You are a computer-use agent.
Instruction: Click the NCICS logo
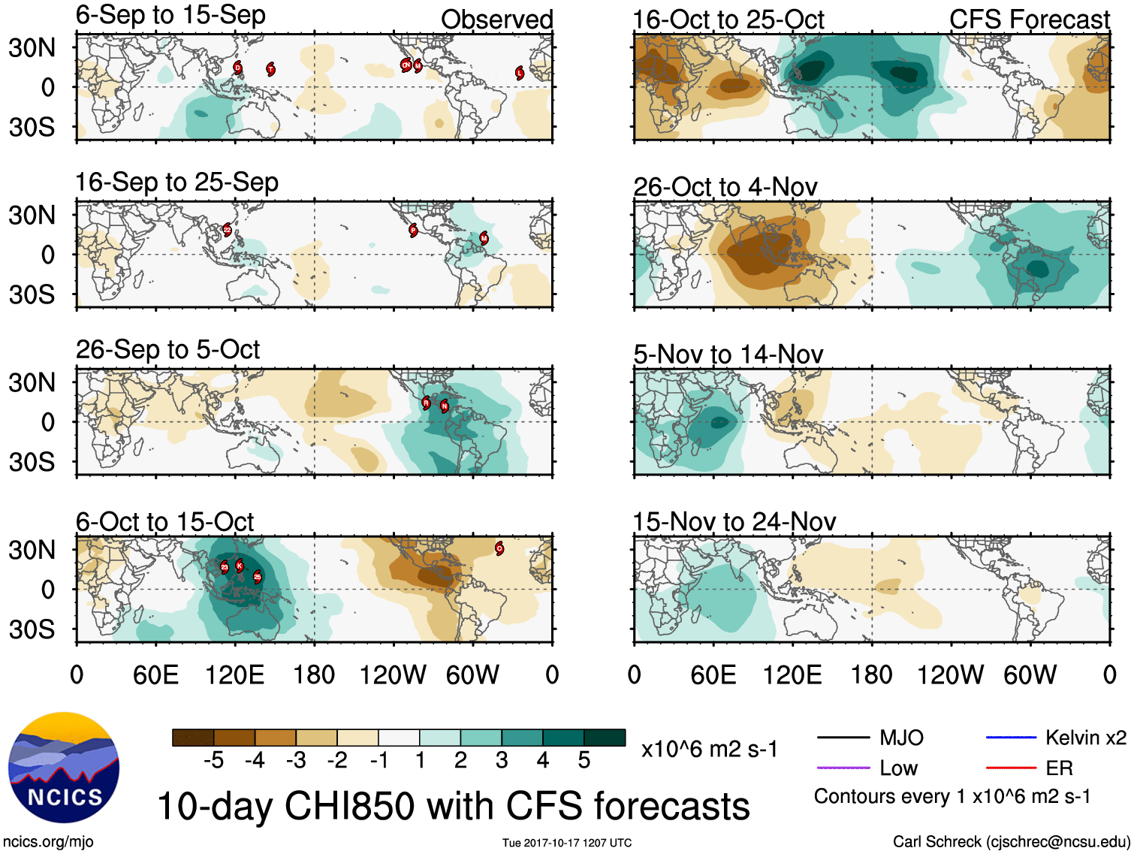tap(64, 767)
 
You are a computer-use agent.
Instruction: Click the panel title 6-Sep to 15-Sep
tap(170, 15)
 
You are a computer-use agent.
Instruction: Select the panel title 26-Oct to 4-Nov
tap(725, 186)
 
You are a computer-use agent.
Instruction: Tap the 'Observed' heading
tap(496, 20)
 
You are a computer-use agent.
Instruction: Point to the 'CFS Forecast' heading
tap(1029, 20)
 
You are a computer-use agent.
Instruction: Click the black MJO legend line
tap(843, 738)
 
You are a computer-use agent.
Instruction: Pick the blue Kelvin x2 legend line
tap(1011, 738)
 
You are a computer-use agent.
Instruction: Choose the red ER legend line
tap(1011, 768)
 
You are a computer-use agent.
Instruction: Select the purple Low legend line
tap(843, 768)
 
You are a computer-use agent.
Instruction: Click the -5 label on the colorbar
tap(213, 761)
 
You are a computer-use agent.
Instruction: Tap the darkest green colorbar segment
tap(605, 738)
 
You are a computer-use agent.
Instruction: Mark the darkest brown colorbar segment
tap(193, 738)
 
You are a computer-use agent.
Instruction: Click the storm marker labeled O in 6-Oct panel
tap(499, 548)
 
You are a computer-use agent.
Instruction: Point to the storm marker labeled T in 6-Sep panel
tap(271, 69)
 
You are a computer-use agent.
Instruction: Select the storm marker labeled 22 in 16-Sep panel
tap(227, 230)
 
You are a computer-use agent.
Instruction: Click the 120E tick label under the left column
tap(234, 674)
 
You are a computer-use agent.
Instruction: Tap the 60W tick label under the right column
tap(1030, 674)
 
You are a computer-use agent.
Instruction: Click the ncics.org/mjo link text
tap(48, 842)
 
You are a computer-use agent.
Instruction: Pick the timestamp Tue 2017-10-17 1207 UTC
tap(567, 843)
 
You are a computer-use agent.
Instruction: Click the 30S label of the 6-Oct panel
tap(32, 629)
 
